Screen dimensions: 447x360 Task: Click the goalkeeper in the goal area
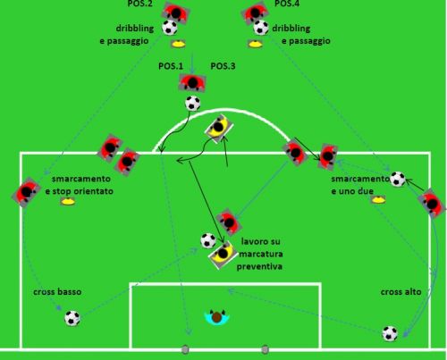point(217,317)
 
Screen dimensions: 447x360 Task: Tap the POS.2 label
point(140,4)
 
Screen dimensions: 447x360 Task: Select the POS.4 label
point(287,4)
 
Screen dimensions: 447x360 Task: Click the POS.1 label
point(171,66)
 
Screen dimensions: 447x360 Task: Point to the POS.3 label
point(223,66)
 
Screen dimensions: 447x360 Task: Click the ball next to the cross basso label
point(72,318)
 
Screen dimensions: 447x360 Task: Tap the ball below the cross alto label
point(390,333)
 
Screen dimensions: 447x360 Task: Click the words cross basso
point(57,292)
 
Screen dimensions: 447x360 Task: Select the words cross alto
point(401,292)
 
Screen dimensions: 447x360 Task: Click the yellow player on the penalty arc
point(219,128)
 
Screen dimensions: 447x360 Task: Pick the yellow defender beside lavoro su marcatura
point(223,254)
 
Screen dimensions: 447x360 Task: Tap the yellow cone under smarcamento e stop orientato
point(68,202)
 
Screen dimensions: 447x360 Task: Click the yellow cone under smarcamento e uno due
point(378,199)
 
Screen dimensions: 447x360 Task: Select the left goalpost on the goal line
point(185,349)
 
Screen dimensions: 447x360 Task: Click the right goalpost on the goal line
point(265,349)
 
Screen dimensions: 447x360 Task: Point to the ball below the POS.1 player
point(193,104)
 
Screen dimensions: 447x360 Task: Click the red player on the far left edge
point(26,192)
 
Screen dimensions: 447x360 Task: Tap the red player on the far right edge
point(432,203)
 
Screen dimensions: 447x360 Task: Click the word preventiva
point(259,266)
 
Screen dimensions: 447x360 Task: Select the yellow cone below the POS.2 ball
point(178,45)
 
